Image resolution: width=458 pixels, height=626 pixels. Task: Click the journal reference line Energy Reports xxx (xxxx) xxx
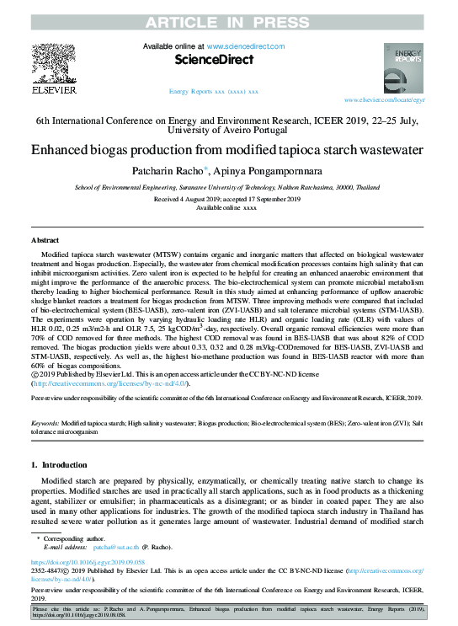click(x=214, y=91)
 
